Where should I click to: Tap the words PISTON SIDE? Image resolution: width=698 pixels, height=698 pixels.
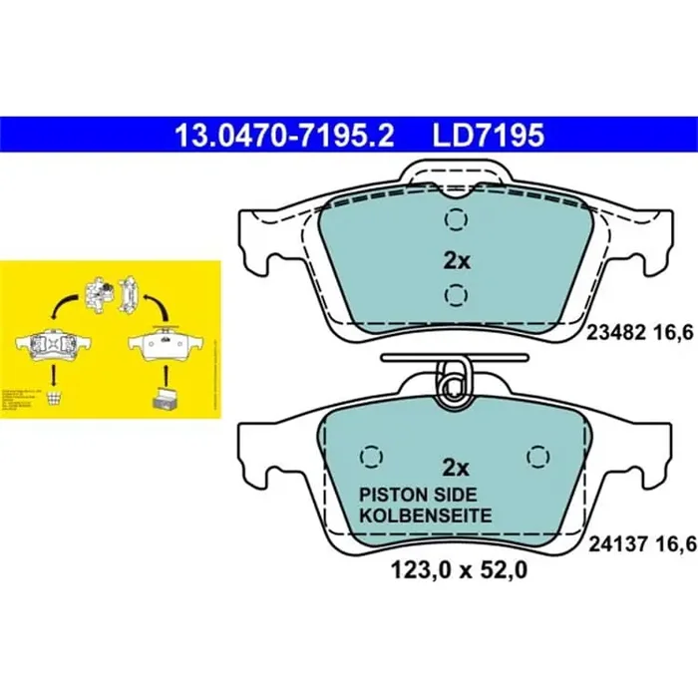tap(419, 496)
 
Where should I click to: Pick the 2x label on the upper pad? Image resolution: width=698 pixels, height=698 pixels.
tap(456, 261)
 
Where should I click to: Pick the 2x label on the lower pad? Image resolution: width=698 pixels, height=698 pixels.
tap(456, 467)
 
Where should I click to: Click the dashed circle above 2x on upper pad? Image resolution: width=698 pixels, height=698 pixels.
tap(456, 220)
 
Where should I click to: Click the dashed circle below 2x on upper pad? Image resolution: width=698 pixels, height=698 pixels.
tap(456, 294)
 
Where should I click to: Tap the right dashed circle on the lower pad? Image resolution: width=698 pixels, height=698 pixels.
tap(538, 456)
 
